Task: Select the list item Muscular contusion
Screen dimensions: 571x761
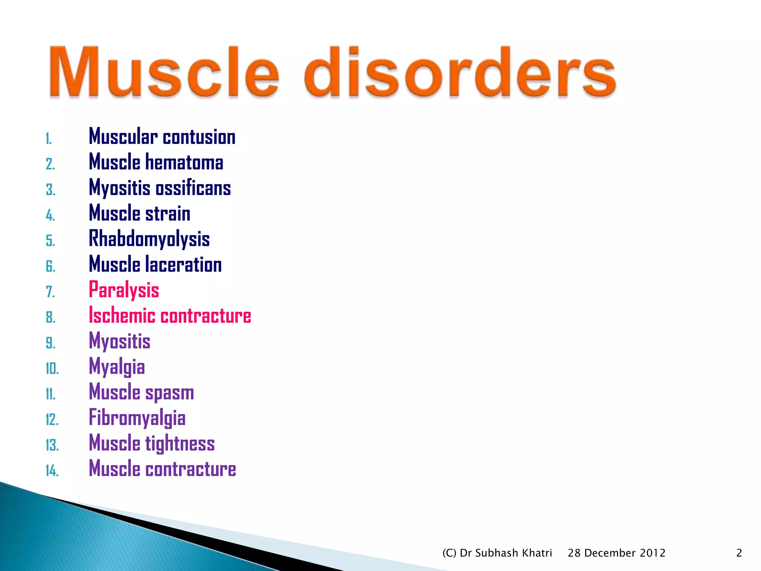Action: click(x=162, y=137)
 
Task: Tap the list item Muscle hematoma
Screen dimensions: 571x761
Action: click(x=156, y=162)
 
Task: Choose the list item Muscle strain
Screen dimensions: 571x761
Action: click(x=140, y=213)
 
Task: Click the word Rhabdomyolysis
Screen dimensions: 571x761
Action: click(x=149, y=239)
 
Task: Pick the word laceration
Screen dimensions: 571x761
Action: click(x=184, y=265)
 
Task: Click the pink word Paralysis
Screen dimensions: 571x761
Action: click(x=124, y=290)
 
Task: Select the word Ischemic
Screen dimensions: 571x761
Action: click(x=122, y=316)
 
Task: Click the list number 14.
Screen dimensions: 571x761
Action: click(x=52, y=471)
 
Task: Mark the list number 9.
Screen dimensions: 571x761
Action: click(x=51, y=343)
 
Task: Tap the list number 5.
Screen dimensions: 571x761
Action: click(x=51, y=241)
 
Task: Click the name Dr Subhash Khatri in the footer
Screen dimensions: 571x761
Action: click(x=506, y=553)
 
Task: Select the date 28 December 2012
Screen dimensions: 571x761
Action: click(x=616, y=553)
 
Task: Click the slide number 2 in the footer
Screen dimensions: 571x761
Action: click(x=739, y=553)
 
